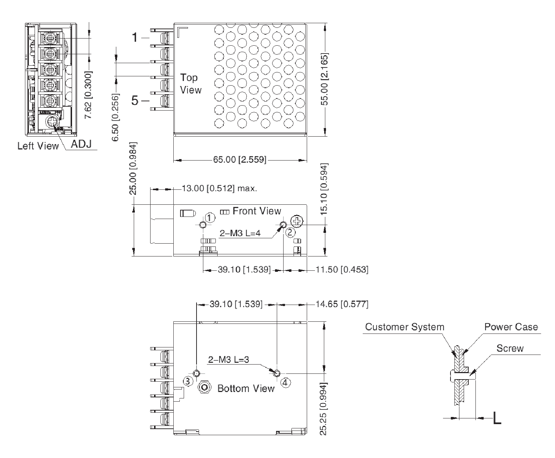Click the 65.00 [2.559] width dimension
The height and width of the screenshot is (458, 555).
pyautogui.click(x=240, y=160)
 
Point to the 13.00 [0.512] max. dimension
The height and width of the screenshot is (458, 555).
pyautogui.click(x=219, y=188)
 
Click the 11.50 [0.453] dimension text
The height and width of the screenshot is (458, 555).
pyautogui.click(x=342, y=270)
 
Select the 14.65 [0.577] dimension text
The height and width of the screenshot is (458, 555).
pyautogui.click(x=342, y=304)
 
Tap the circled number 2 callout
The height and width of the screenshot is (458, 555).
pyautogui.click(x=290, y=233)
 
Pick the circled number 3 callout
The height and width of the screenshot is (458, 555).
pyautogui.click(x=188, y=381)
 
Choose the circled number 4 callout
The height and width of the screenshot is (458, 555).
pyautogui.click(x=285, y=382)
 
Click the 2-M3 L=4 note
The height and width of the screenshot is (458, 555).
pyautogui.click(x=240, y=233)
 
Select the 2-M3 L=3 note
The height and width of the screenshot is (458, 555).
pyautogui.click(x=228, y=360)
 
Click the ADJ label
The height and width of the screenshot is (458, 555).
pyautogui.click(x=81, y=144)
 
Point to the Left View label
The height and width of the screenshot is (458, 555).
pyautogui.click(x=38, y=146)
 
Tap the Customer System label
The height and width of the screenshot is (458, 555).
pyautogui.click(x=404, y=327)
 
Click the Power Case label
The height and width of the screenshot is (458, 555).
pyautogui.click(x=511, y=327)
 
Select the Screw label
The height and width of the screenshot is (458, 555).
pyautogui.click(x=510, y=348)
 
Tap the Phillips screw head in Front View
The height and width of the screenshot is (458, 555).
pyautogui.click(x=296, y=221)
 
